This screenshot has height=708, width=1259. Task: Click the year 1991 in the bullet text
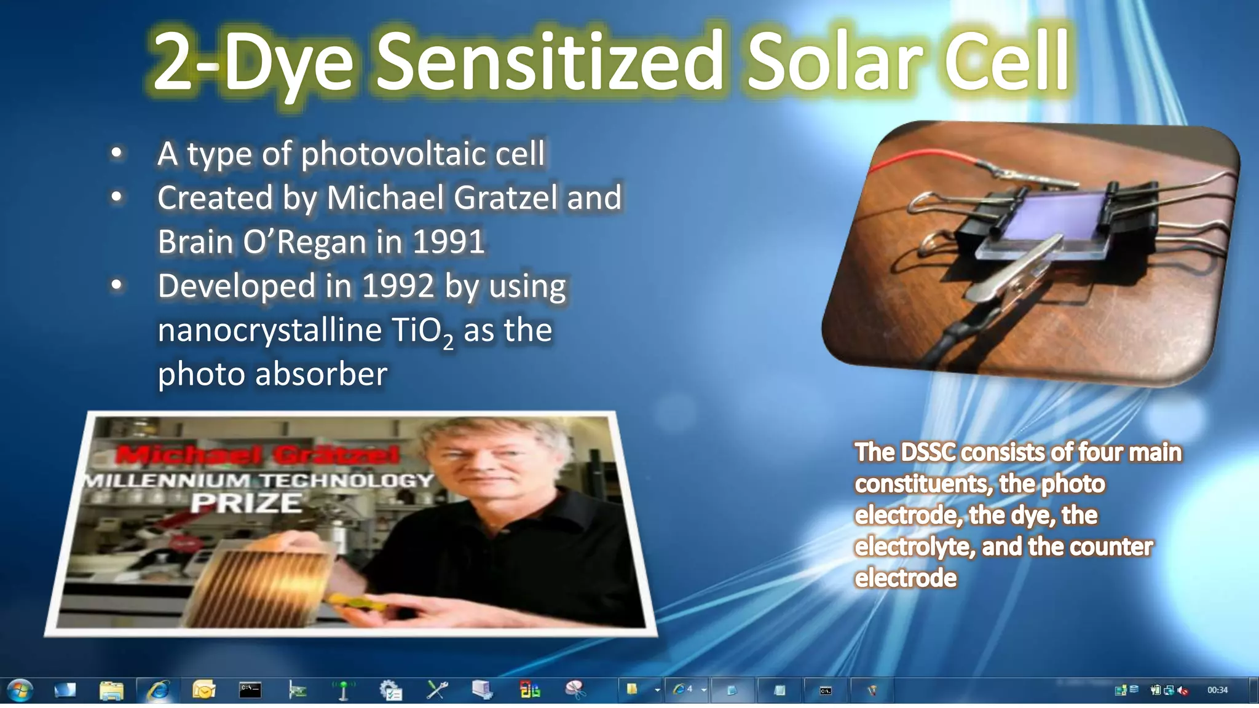(449, 242)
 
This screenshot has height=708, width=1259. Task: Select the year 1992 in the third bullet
(398, 286)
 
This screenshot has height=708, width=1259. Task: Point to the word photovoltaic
(395, 154)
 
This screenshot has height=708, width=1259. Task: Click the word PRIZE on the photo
(246, 503)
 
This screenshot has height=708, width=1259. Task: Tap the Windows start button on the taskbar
(19, 690)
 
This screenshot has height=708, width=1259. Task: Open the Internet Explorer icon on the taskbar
(159, 690)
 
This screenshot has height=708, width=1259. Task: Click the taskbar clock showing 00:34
(1217, 690)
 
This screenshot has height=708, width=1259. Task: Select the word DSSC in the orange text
(928, 452)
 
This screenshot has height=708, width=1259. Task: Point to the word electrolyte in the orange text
(914, 547)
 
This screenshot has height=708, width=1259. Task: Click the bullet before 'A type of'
(117, 153)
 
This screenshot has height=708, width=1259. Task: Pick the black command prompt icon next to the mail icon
(250, 690)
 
